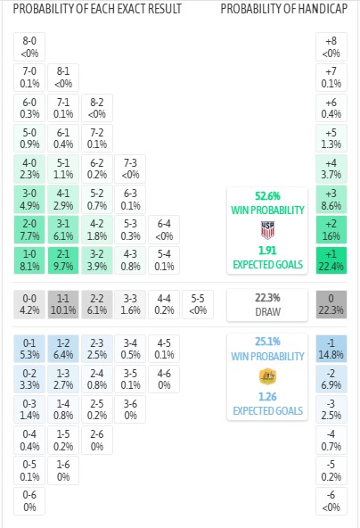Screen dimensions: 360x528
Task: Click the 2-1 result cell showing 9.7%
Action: (63, 260)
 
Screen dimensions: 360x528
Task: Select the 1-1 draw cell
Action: (63, 304)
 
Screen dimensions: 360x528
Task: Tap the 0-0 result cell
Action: (29, 304)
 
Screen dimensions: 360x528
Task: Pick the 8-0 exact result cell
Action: (29, 46)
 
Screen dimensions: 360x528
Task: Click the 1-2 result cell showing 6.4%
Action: (63, 349)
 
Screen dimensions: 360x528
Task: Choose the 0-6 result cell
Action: (29, 500)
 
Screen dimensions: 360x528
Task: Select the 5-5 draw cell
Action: (198, 304)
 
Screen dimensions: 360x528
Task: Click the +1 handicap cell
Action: (331, 260)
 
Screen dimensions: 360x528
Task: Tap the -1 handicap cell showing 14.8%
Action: (331, 349)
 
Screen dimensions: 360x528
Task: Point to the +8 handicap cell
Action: (331, 46)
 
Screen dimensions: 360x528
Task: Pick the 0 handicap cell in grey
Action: (331, 304)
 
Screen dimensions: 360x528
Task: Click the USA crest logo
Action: (268, 230)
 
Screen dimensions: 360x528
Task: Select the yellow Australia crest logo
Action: (268, 376)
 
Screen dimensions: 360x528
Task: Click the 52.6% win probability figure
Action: (268, 196)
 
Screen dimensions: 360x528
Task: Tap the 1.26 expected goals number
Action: (268, 397)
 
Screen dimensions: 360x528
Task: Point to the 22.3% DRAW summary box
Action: (267, 305)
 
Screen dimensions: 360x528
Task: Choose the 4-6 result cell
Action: (164, 379)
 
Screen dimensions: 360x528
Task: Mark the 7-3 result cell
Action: (130, 169)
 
